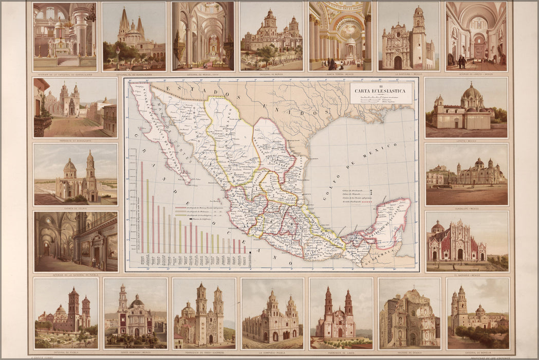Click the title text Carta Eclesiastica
381,91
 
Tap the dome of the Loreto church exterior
471,93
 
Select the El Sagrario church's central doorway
459,254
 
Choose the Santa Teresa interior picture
340,36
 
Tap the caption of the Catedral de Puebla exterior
65,352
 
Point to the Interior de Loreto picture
476,36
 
